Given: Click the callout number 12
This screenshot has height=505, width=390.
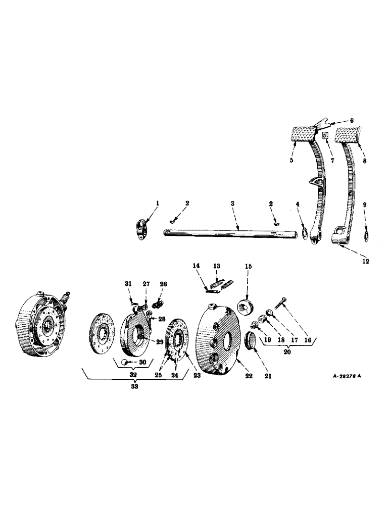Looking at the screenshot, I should [x=365, y=261].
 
